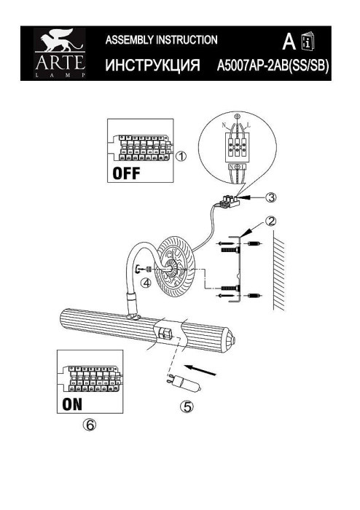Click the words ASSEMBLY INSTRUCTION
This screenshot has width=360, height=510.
pos(162,39)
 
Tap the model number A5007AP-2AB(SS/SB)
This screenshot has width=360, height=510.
pos(273,67)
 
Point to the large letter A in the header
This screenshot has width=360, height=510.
pos(289,40)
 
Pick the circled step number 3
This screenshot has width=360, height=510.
pos(271,197)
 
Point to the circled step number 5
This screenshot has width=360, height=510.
pos(188,407)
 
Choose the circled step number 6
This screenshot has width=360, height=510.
pos(90,428)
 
